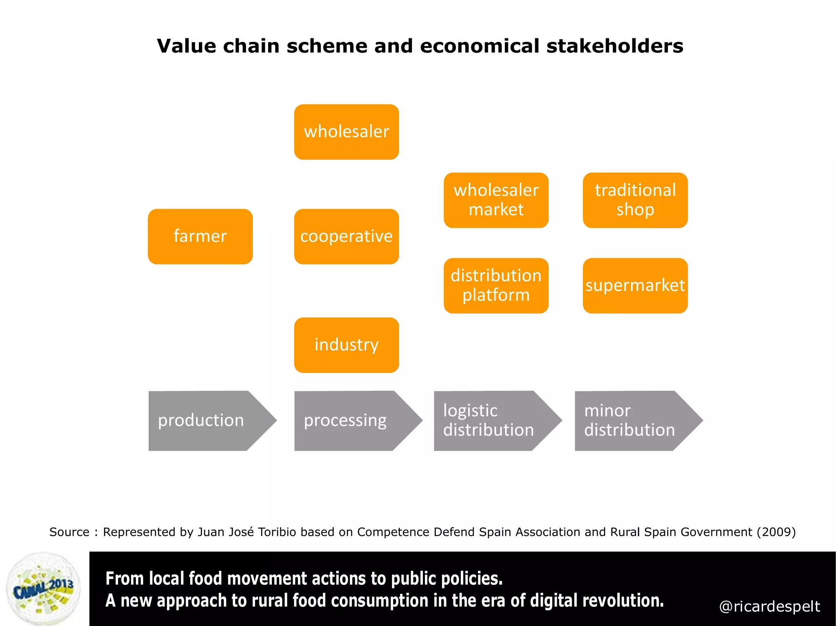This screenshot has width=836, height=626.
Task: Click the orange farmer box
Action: point(200,237)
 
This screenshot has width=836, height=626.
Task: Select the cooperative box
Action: point(346,237)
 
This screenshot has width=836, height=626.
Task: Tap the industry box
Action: point(346,345)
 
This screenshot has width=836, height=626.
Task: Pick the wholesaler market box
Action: point(496,200)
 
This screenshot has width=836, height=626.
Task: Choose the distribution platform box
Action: point(496,285)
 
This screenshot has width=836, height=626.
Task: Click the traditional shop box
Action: point(635,200)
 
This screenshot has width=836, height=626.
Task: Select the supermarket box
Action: point(635,285)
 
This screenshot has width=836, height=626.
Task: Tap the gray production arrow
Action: point(204,421)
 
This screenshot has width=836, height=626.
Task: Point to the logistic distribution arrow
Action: point(490,421)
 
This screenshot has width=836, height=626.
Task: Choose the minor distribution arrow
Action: point(631,421)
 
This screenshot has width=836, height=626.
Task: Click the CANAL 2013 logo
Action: point(43,589)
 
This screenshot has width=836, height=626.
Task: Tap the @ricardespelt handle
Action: point(769,606)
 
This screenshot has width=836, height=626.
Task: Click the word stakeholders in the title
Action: point(615,46)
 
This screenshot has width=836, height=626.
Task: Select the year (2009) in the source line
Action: point(776,532)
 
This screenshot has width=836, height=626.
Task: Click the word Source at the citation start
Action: point(69,532)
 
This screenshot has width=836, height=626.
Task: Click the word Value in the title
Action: point(186,46)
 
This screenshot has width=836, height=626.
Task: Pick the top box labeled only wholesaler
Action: point(346,132)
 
